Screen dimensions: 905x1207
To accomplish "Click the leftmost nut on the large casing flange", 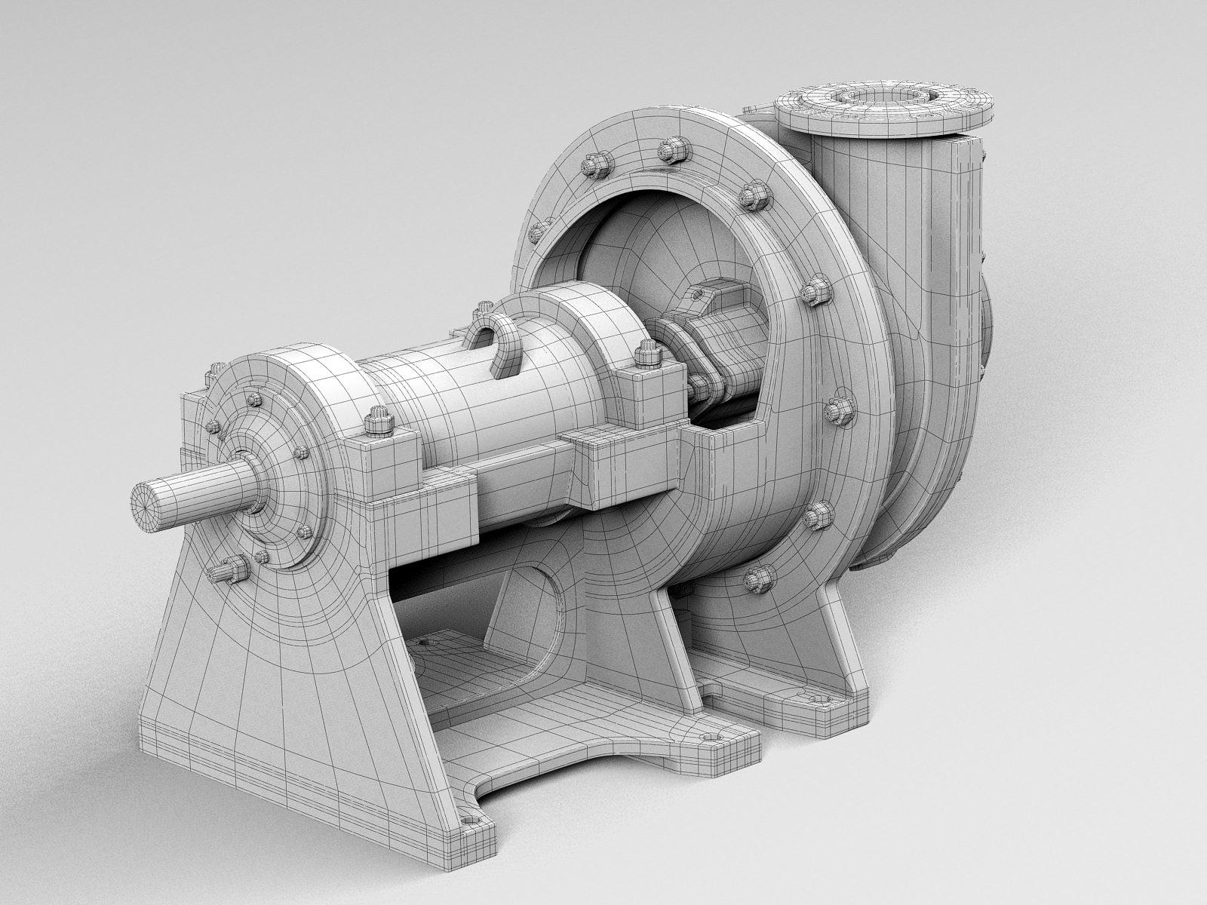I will tap(538, 230).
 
